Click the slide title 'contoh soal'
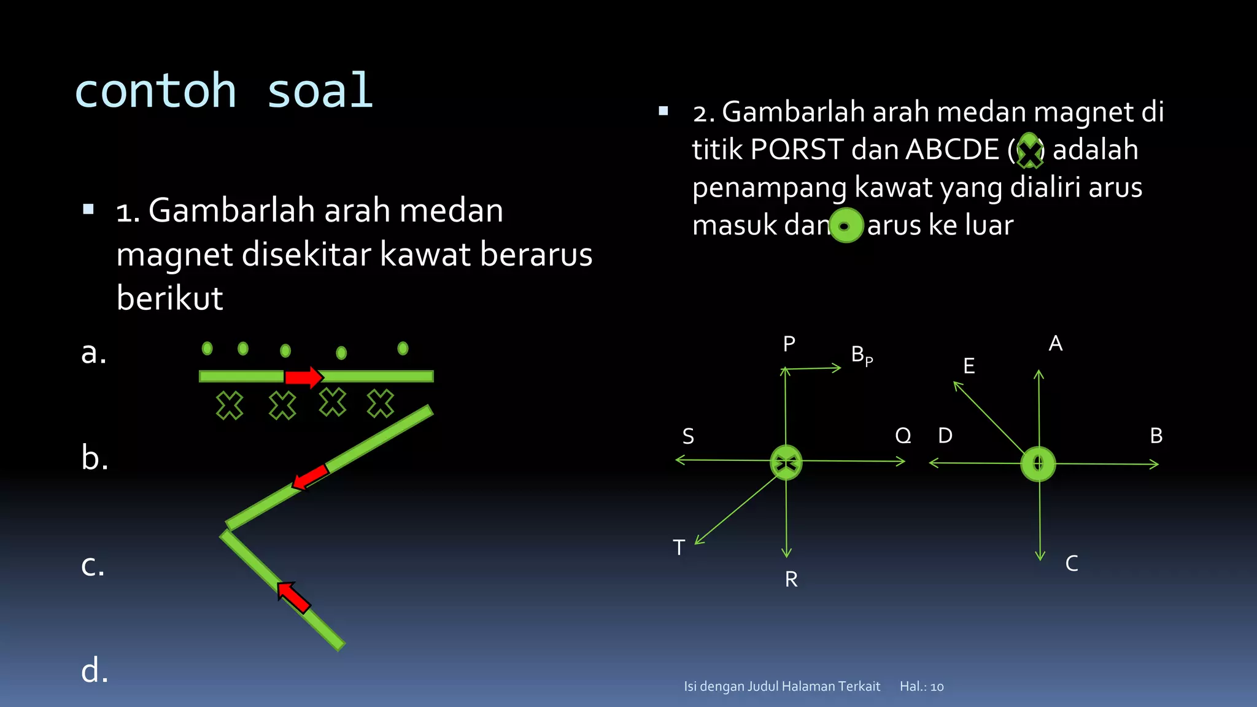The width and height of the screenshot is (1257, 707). [x=223, y=91]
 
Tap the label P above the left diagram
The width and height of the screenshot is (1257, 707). [x=789, y=344]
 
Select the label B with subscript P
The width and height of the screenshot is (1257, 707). [x=861, y=355]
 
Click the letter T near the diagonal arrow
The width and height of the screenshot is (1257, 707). [x=679, y=547]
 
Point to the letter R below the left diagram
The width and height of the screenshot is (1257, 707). [x=791, y=579]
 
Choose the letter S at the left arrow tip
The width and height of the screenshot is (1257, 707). [x=688, y=436]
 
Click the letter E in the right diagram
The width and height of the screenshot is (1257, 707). [x=969, y=366]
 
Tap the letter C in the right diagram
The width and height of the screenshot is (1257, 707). [x=1072, y=563]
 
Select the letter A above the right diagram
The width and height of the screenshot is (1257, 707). [x=1056, y=344]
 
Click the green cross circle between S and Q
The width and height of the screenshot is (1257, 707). [x=786, y=462]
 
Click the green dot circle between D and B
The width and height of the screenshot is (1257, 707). [x=1038, y=464]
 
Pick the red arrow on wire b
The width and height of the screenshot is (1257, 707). [x=311, y=477]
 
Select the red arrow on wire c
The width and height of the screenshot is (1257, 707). [x=293, y=597]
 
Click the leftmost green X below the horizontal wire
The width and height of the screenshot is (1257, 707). [x=230, y=406]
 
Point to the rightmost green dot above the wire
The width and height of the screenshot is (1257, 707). [x=403, y=349]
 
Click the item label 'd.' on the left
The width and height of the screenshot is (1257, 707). [x=95, y=670]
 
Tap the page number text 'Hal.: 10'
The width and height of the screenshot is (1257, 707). [x=921, y=687]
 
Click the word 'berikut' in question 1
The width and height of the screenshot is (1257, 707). [x=169, y=298]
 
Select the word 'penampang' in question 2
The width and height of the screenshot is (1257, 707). [x=769, y=187]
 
